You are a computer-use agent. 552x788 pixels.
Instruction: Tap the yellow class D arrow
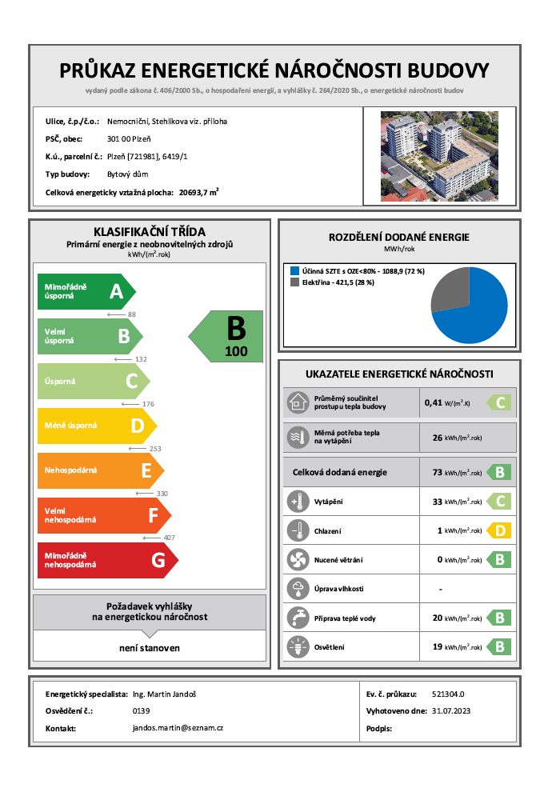[97, 426]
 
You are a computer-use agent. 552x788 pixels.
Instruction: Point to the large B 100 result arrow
[227, 336]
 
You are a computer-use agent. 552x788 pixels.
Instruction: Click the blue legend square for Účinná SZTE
[294, 271]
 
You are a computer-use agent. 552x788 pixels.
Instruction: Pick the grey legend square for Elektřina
[294, 282]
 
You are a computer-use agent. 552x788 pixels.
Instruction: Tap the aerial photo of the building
[438, 155]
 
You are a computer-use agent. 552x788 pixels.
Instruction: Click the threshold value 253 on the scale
[155, 449]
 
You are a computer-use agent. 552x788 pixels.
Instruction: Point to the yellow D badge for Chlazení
[500, 530]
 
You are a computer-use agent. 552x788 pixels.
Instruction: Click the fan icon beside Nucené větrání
[297, 559]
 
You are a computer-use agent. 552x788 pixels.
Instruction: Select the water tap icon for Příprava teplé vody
[297, 618]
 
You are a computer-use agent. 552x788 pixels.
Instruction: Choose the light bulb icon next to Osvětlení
[297, 646]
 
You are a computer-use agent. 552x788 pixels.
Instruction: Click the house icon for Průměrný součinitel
[297, 402]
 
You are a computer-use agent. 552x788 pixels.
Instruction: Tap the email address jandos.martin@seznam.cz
[178, 728]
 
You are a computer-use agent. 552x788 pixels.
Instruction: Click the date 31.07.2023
[453, 710]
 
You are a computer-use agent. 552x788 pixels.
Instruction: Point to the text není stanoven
[150, 648]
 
